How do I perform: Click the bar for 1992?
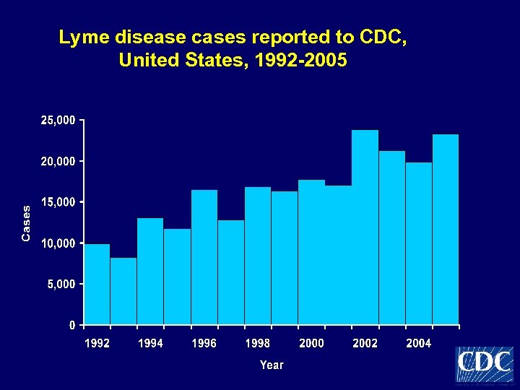pyautogui.click(x=97, y=285)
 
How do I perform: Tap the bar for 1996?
pyautogui.click(x=204, y=257)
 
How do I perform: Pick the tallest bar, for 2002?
pyautogui.click(x=365, y=227)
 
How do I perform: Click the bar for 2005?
pyautogui.click(x=446, y=230)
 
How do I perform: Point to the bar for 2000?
pyautogui.click(x=311, y=252)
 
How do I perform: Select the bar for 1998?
pyautogui.click(x=258, y=256)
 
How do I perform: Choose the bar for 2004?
pyautogui.click(x=419, y=243)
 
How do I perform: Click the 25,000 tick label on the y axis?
pyautogui.click(x=56, y=120)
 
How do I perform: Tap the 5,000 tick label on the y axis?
pyautogui.click(x=60, y=285)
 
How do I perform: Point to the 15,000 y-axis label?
pyautogui.click(x=56, y=202)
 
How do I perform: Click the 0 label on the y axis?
pyautogui.click(x=71, y=325)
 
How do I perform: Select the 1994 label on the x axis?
pyautogui.click(x=150, y=344)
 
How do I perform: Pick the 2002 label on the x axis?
pyautogui.click(x=365, y=344)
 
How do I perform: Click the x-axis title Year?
pyautogui.click(x=272, y=365)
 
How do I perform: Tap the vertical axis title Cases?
pyautogui.click(x=27, y=222)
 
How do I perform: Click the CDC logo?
pyautogui.click(x=484, y=364)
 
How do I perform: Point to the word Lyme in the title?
pyautogui.click(x=82, y=38)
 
